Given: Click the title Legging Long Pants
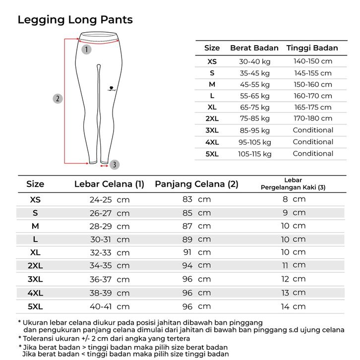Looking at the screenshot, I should [75, 20].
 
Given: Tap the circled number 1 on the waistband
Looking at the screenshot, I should [87, 49].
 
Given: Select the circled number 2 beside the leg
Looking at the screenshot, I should [58, 98].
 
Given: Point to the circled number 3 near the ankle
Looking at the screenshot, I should [115, 164].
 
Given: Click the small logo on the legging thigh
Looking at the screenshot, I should [110, 89].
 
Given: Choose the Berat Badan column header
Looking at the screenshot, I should [254, 48].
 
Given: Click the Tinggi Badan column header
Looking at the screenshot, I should [312, 48].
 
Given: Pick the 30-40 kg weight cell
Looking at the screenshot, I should [255, 61].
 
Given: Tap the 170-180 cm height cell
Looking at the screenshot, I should [312, 119].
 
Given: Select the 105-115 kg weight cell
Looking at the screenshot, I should [255, 154].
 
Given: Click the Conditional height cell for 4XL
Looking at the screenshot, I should [312, 142].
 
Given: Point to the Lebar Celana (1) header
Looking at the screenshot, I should [109, 184].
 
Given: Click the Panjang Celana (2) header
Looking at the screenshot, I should [196, 184].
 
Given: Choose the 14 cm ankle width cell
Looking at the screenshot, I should [293, 306].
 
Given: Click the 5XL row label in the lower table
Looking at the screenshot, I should [35, 306].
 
